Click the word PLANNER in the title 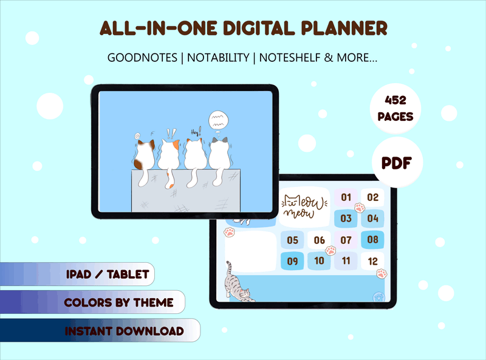click(x=344, y=28)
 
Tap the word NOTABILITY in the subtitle click(x=218, y=58)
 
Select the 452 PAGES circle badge click(x=395, y=109)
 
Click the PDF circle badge click(x=397, y=162)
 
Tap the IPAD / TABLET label click(x=108, y=274)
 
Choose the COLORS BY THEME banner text click(x=118, y=302)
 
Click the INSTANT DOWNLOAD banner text click(x=125, y=331)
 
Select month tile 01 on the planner click(x=346, y=197)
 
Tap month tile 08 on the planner click(x=372, y=239)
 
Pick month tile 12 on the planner click(x=372, y=261)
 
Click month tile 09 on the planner click(x=292, y=261)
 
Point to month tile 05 click(x=292, y=240)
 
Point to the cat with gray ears click(x=219, y=158)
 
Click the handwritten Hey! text click(x=196, y=132)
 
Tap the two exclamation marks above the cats click(x=171, y=134)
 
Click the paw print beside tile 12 click(x=382, y=274)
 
